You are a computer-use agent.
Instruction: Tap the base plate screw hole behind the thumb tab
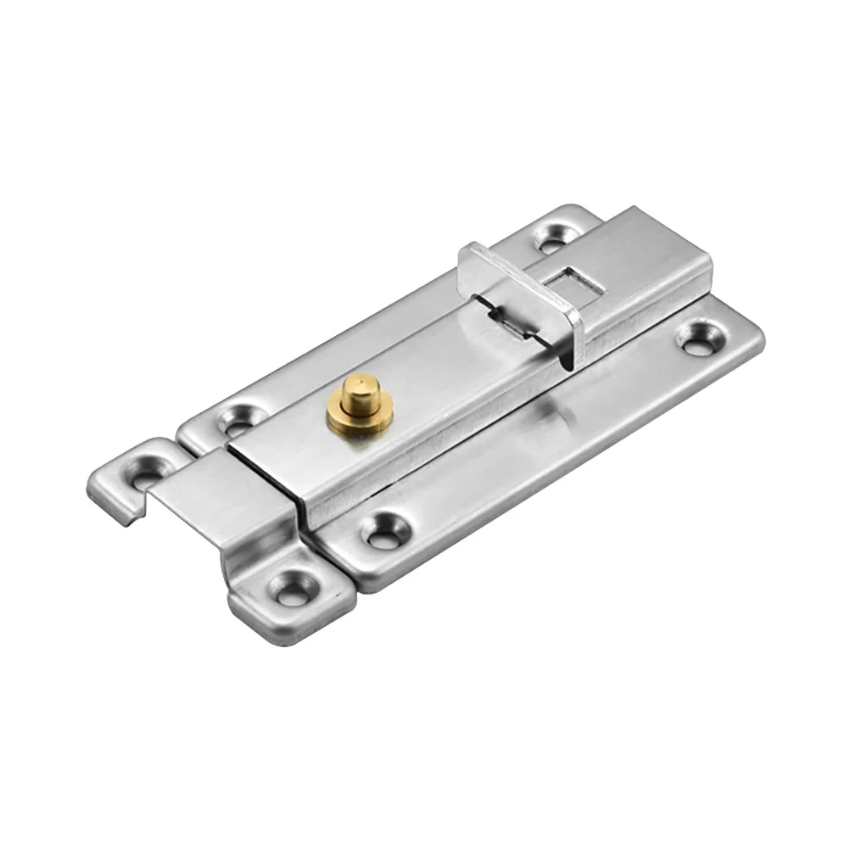coord(556,237)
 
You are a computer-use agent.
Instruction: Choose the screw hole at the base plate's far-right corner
coord(703,338)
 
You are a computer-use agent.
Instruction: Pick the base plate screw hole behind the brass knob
coord(238,417)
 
